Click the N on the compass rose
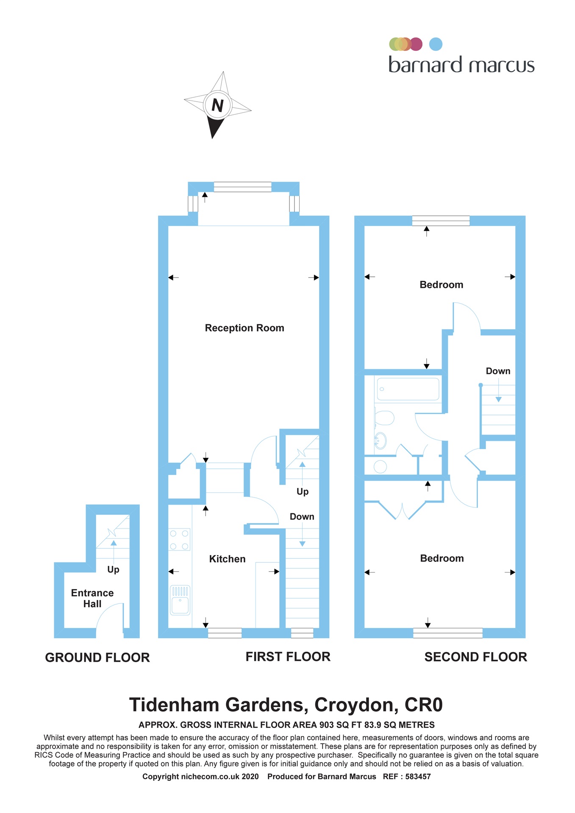(217, 105)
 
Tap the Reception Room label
(244, 328)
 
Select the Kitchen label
(227, 559)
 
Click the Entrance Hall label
(92, 598)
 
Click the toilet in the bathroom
(384, 418)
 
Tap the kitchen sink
(180, 600)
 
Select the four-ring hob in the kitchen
(179, 540)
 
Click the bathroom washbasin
(380, 440)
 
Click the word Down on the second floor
(498, 371)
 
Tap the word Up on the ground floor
(113, 570)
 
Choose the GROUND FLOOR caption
(97, 658)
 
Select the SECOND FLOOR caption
(475, 657)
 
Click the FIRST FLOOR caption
(288, 656)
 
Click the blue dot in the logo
(436, 44)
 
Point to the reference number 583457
(418, 777)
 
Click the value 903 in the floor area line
(325, 725)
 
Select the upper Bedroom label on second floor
(441, 285)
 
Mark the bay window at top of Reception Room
(242, 187)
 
